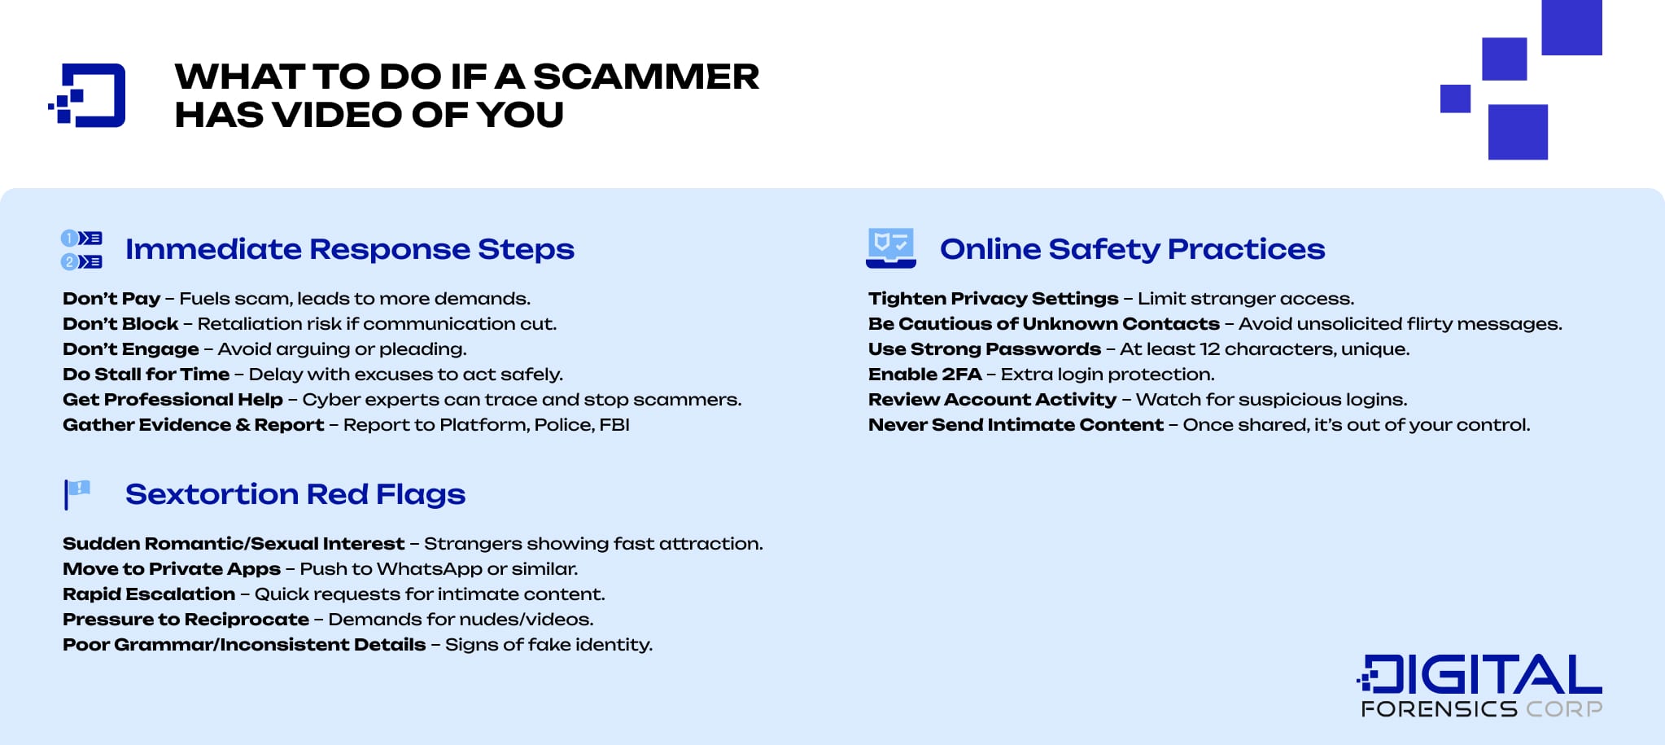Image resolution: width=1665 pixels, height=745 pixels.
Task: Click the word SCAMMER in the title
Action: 645,77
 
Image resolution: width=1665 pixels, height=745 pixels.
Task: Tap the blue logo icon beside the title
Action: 88,95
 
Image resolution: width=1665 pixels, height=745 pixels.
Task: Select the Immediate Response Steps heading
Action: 349,249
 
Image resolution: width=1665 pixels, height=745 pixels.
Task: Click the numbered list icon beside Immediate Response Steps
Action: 81,250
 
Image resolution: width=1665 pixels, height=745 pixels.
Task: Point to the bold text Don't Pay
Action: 111,299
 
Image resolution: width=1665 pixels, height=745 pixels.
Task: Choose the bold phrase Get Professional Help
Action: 173,400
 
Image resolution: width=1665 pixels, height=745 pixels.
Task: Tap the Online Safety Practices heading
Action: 1132,249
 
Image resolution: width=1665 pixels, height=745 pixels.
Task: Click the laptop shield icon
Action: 891,248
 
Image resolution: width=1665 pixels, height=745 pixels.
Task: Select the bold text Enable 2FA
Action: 924,375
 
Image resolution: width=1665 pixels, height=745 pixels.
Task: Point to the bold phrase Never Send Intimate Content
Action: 1016,425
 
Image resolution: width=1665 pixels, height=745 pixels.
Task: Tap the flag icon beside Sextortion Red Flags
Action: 77,493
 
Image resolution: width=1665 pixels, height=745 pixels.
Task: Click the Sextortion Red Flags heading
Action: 295,494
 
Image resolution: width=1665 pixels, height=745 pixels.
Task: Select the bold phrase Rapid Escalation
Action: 149,594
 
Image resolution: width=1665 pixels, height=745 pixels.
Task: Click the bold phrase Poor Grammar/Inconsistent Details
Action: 244,645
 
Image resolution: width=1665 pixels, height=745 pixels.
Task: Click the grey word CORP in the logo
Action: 1563,709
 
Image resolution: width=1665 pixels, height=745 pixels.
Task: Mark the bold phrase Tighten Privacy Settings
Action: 993,299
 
